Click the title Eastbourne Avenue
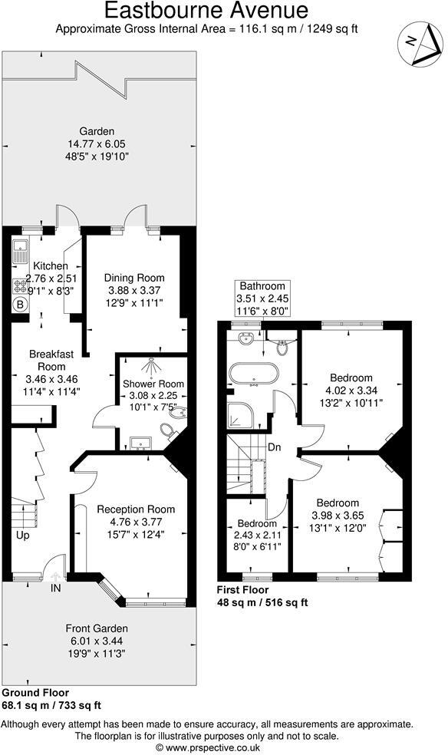(206, 11)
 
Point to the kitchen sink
(19, 249)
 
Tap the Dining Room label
(134, 278)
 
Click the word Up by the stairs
(23, 536)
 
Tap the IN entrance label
(56, 589)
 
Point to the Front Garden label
(97, 629)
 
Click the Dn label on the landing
(275, 449)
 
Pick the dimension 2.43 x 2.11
(257, 536)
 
